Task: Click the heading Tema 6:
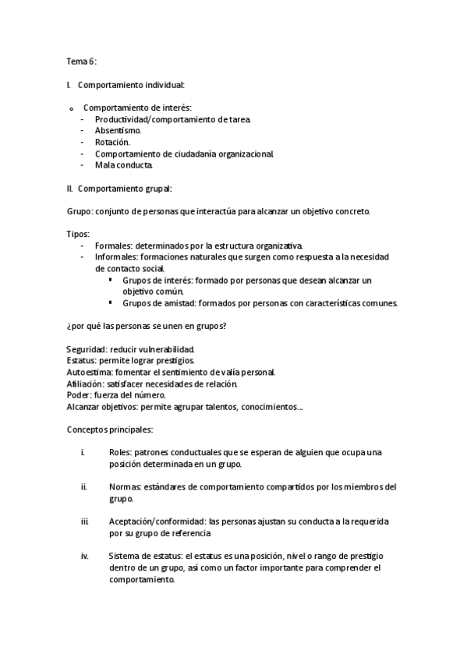81,61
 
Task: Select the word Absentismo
118,131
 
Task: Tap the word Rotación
112,143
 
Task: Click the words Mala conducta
124,165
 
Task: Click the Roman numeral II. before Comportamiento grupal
70,189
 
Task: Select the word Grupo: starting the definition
80,212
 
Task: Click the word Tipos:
78,235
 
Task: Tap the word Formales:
114,246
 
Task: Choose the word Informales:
117,257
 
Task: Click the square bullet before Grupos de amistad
111,302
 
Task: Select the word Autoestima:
91,373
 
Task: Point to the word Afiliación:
86,384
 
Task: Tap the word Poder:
79,395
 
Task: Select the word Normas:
126,487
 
